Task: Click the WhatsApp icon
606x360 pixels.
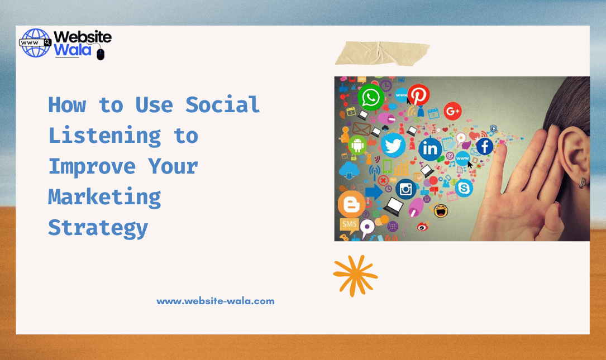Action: pos(370,98)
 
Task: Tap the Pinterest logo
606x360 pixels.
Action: pos(418,95)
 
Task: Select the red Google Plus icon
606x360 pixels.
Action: pos(452,111)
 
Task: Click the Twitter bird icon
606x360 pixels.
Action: pos(393,145)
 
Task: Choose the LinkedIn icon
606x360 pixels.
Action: pos(430,148)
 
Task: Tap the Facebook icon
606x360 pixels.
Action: pos(484,147)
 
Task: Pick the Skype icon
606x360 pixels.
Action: pos(464,189)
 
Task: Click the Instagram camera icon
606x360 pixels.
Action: pos(406,190)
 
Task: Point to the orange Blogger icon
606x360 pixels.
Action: pos(351,204)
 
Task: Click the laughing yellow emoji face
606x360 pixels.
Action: pos(441,211)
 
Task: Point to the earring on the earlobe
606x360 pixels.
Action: pos(582,182)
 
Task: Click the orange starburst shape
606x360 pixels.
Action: pos(355,276)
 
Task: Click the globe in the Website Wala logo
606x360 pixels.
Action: pos(35,44)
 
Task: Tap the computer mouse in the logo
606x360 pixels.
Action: pos(101,54)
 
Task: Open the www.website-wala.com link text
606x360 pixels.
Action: pos(216,301)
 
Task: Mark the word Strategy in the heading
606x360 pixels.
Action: pos(98,228)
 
